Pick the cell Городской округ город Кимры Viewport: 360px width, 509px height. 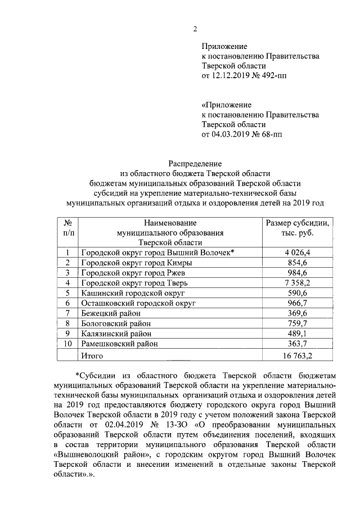click(x=136, y=263)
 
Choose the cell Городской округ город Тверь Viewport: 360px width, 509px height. click(x=138, y=282)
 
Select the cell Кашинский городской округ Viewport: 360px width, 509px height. click(x=133, y=292)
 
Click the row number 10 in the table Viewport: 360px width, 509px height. click(x=67, y=343)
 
